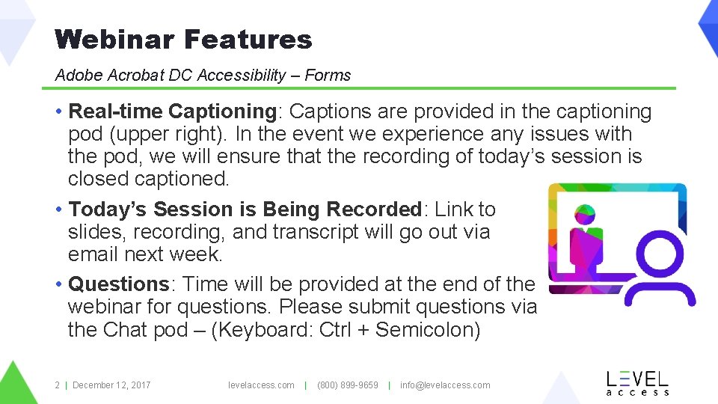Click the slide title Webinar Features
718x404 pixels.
click(x=183, y=39)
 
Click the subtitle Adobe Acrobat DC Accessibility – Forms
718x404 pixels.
click(x=203, y=75)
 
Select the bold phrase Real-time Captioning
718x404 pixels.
click(x=172, y=111)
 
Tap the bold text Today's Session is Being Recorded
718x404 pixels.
click(x=245, y=209)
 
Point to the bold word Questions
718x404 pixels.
click(x=118, y=284)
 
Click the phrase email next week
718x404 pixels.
click(x=145, y=254)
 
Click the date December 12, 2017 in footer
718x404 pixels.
click(x=111, y=385)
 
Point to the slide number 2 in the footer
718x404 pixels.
click(x=57, y=385)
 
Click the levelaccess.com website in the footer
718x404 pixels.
click(x=261, y=385)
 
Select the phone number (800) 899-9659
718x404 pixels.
click(x=348, y=385)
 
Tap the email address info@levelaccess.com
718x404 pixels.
click(x=445, y=385)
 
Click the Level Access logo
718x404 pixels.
click(x=636, y=382)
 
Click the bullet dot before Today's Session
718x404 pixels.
click(x=58, y=209)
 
